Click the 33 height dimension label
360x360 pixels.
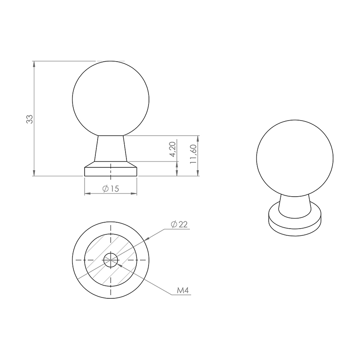pyautogui.click(x=30, y=119)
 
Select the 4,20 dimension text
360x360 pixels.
pyautogui.click(x=172, y=149)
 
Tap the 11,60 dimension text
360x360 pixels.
pyautogui.click(x=193, y=153)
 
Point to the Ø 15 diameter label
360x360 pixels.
pyautogui.click(x=111, y=189)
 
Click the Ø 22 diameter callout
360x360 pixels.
pyautogui.click(x=179, y=224)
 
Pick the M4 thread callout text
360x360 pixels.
pyautogui.click(x=183, y=290)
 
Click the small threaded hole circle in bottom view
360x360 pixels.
pyautogui.click(x=111, y=260)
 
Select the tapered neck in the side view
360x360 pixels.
pyautogui.click(x=111, y=148)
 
